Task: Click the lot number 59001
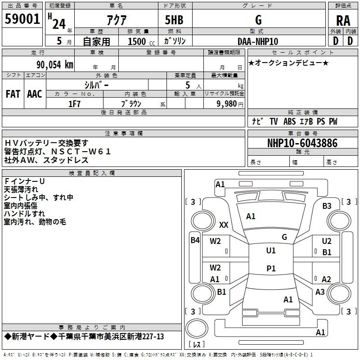point(22,19)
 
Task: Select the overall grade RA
point(343,21)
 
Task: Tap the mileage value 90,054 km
point(54,65)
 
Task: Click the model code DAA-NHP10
point(258,41)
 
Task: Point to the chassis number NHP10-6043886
point(302,143)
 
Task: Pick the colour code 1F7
point(74,104)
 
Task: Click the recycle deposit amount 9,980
point(227,104)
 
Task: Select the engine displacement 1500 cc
point(141,41)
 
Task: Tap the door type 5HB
point(174,20)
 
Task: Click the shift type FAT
point(13,94)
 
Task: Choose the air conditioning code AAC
point(35,94)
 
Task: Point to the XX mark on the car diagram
point(224,225)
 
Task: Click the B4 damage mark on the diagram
point(195,240)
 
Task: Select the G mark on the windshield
point(284,237)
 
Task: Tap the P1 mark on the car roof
point(271,268)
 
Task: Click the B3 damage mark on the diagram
point(327,206)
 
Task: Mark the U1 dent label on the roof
point(271,250)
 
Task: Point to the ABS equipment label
point(289,121)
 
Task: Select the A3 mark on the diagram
point(320,292)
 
